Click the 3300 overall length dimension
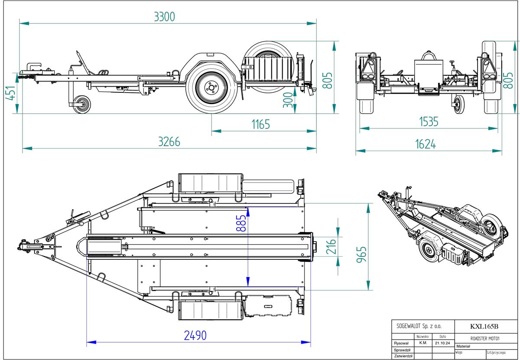[164, 16]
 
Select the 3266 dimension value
[169, 142]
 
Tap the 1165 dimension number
[260, 124]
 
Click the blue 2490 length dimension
[195, 336]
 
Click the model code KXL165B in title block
[484, 327]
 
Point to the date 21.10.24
[443, 343]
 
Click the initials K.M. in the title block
[423, 343]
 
